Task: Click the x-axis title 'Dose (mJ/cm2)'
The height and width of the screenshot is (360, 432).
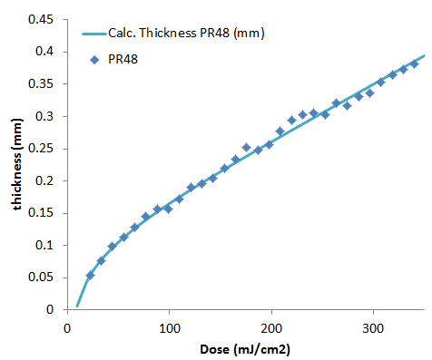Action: click(x=245, y=347)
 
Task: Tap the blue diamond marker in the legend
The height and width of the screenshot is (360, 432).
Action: click(x=96, y=58)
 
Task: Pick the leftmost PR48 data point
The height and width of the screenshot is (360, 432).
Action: click(x=90, y=275)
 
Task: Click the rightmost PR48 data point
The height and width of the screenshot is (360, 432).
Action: click(x=414, y=63)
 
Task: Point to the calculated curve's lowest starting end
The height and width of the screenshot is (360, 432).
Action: click(x=77, y=306)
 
